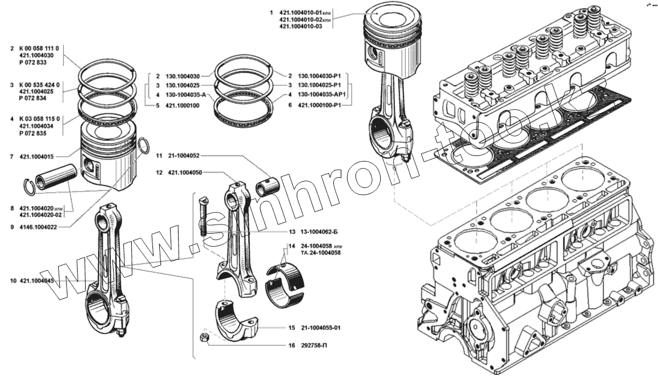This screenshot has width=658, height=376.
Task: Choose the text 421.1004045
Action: (37, 281)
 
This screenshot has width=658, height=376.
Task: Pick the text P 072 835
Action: (36, 133)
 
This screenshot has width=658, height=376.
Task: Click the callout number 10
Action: (13, 281)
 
